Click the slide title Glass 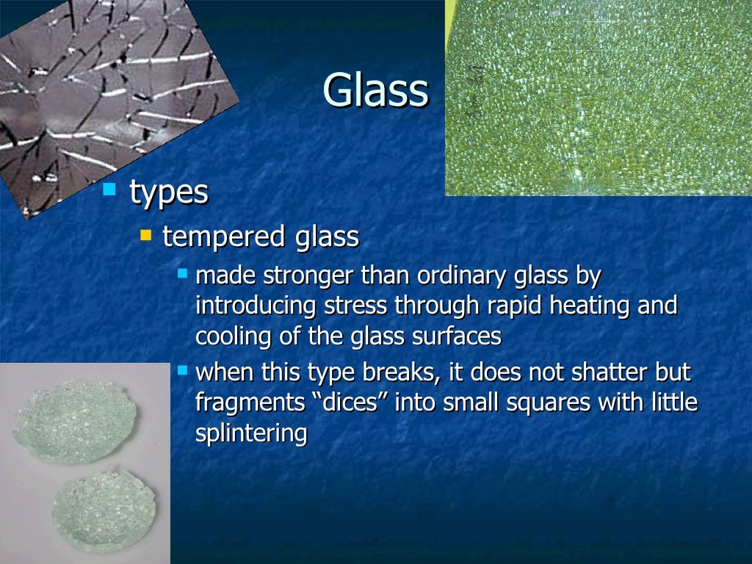(375, 91)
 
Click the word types (169, 192)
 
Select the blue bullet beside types (109, 189)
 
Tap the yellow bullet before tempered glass (146, 236)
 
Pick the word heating (593, 305)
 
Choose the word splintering (251, 433)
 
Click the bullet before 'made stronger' (183, 273)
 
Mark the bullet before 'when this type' (183, 369)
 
